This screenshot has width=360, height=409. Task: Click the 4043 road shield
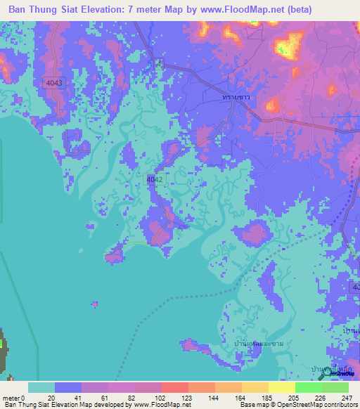(54, 83)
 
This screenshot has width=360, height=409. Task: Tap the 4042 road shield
(155, 180)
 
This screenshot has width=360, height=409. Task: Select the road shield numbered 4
(160, 64)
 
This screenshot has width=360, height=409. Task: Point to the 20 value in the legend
(51, 398)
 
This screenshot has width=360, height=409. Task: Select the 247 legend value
(345, 398)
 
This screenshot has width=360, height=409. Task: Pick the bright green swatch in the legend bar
(308, 387)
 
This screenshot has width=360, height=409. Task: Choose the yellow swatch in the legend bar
(281, 387)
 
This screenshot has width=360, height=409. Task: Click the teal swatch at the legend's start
(41, 387)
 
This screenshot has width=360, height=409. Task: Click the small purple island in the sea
(94, 304)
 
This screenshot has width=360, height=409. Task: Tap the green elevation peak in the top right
(285, 48)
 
